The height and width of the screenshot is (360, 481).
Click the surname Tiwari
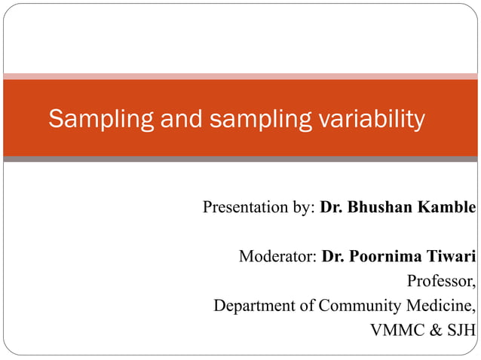tap(453, 257)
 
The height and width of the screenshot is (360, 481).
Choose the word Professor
tap(442, 282)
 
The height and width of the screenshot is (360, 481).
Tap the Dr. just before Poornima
tap(332, 257)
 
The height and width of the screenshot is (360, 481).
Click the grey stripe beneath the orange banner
tap(240, 160)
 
